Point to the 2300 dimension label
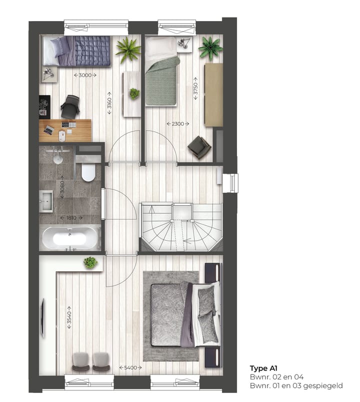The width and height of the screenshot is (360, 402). [x=176, y=123]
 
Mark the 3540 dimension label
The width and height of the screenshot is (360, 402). [x=69, y=317]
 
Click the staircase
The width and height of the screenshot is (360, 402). [x=181, y=226]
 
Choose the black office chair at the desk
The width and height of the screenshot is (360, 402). [x=70, y=106]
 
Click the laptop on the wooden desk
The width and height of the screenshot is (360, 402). [x=49, y=130]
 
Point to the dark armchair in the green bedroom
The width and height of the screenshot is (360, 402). [x=199, y=147]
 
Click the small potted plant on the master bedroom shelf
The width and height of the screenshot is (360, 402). [x=90, y=262]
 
